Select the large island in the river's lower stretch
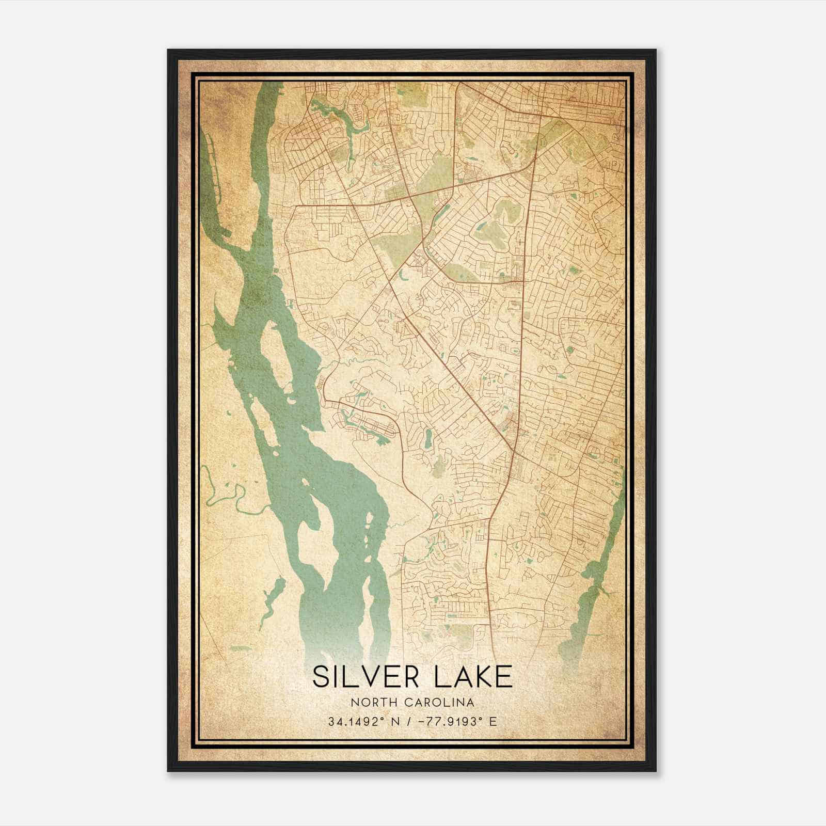pyautogui.click(x=315, y=527)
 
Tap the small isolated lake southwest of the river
pyautogui.click(x=274, y=599)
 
